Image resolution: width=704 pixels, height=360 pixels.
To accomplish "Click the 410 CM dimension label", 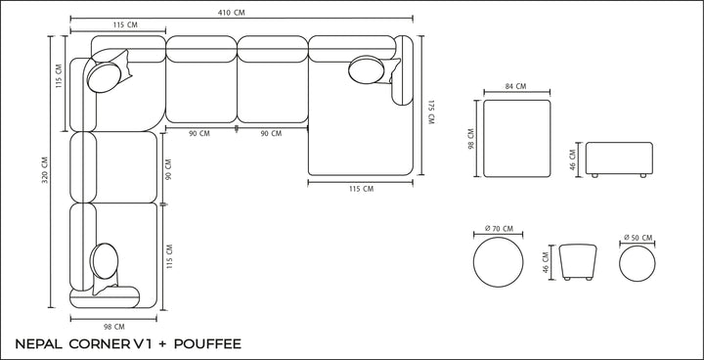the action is [x=231, y=13].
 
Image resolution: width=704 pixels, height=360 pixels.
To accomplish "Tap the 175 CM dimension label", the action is [x=431, y=112].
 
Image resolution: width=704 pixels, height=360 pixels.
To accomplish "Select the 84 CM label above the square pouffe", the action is [x=515, y=86].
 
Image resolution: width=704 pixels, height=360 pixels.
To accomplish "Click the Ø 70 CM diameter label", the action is [x=499, y=229].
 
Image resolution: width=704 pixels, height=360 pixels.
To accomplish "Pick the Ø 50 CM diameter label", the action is [x=638, y=238].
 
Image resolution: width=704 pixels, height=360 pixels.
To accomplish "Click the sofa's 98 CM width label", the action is [x=113, y=327].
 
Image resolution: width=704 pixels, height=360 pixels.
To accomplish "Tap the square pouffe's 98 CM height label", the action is [x=471, y=139].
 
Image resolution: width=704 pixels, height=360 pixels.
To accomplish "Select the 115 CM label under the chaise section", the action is [x=361, y=189].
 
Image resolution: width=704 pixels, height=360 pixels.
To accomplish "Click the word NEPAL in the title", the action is [x=38, y=344].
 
